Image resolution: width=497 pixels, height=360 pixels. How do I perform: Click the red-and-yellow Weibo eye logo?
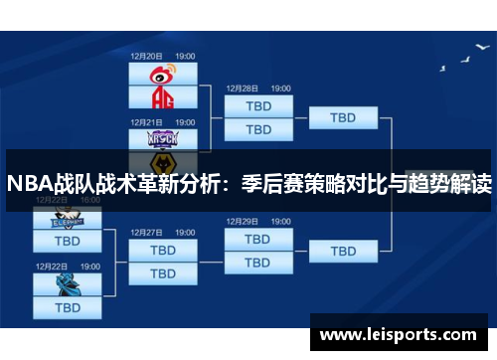(163, 73)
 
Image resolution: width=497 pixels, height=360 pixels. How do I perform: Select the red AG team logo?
(163, 96)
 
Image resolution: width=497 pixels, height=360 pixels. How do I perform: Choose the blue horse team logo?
(67, 284)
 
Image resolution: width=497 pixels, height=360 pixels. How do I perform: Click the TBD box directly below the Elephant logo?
(67, 241)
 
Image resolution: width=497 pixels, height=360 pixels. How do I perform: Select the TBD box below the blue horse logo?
(67, 307)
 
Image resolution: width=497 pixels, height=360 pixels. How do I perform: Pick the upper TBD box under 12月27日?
(163, 249)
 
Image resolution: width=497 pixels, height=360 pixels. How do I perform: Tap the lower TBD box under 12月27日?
(163, 271)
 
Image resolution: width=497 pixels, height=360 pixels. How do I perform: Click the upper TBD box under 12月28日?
(257, 105)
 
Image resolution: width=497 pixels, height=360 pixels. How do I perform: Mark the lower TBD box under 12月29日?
(257, 263)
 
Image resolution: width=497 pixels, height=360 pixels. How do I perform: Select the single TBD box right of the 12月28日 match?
(343, 117)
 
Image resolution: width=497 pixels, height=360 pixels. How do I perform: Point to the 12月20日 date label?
(146, 56)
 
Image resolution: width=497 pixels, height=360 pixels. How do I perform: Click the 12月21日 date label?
(146, 122)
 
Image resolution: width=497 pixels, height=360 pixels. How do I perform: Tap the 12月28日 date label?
(242, 89)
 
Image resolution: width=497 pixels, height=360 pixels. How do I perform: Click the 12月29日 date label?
(242, 223)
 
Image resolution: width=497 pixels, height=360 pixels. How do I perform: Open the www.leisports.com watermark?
(398, 335)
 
